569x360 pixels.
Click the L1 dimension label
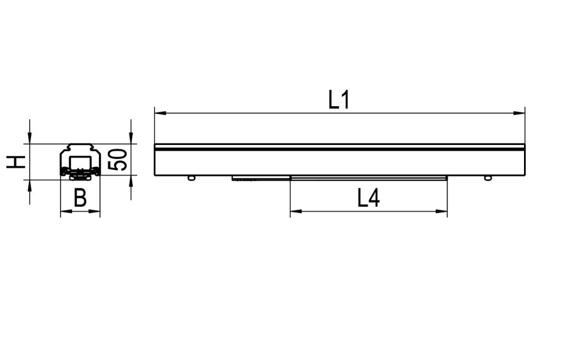coord(339,100)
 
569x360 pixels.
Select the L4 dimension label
coord(369,198)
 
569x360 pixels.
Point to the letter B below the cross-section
coord(80,198)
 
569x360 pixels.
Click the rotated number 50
coord(118,159)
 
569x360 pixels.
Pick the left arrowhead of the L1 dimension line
coord(160,113)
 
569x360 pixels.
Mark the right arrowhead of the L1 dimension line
coord(520,113)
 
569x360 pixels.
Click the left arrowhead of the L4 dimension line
coord(296,211)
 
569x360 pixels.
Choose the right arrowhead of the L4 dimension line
coord(442,211)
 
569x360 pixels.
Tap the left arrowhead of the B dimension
coord(66,211)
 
